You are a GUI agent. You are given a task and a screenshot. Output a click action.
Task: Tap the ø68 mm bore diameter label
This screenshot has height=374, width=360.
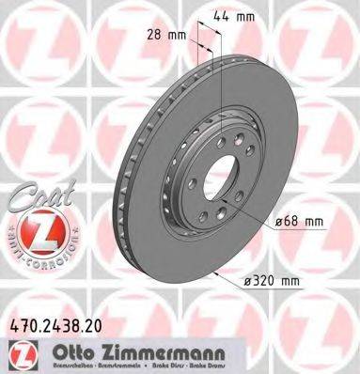[x=300, y=222]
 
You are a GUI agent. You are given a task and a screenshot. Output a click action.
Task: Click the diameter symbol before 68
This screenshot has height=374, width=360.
[x=281, y=222]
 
